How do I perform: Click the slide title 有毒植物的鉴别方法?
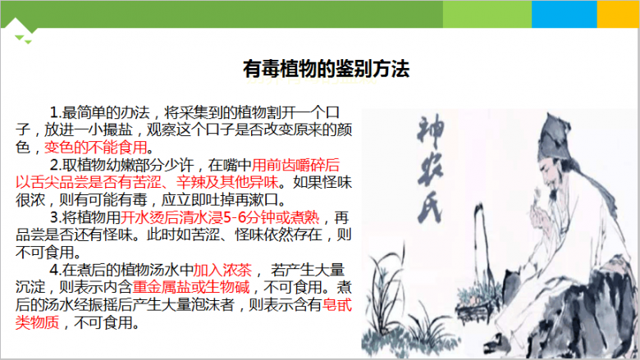point(326,69)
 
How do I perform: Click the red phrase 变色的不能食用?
point(95,147)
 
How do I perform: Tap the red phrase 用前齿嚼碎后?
point(295,165)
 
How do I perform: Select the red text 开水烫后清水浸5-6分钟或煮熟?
point(220,217)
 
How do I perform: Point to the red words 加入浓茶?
point(222,270)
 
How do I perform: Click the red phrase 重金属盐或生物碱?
point(191,288)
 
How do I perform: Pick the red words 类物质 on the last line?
point(37,322)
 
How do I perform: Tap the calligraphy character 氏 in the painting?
point(430,207)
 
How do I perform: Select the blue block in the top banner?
point(564,14)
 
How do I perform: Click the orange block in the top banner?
point(618,14)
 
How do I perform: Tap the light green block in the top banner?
point(487,14)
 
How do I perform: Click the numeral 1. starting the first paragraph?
point(56,112)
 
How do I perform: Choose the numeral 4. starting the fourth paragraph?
point(56,270)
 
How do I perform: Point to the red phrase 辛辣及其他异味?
point(227,182)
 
